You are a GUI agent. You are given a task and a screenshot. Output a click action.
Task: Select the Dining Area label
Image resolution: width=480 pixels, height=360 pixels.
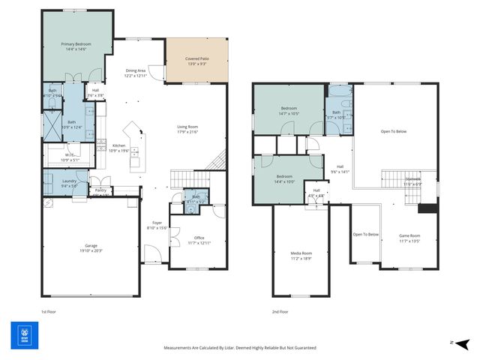click(136, 73)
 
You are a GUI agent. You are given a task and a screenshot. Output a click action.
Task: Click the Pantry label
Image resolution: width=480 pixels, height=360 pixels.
click(100, 190)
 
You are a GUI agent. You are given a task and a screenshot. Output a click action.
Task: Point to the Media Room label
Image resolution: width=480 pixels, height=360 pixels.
click(301, 253)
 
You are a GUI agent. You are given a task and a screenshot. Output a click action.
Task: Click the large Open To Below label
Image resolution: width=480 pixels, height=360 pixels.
click(393, 131)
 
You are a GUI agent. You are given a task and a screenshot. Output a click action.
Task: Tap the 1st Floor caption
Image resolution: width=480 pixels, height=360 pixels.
click(49, 310)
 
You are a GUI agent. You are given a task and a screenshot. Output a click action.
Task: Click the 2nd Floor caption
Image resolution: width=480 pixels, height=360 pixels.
click(280, 310)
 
